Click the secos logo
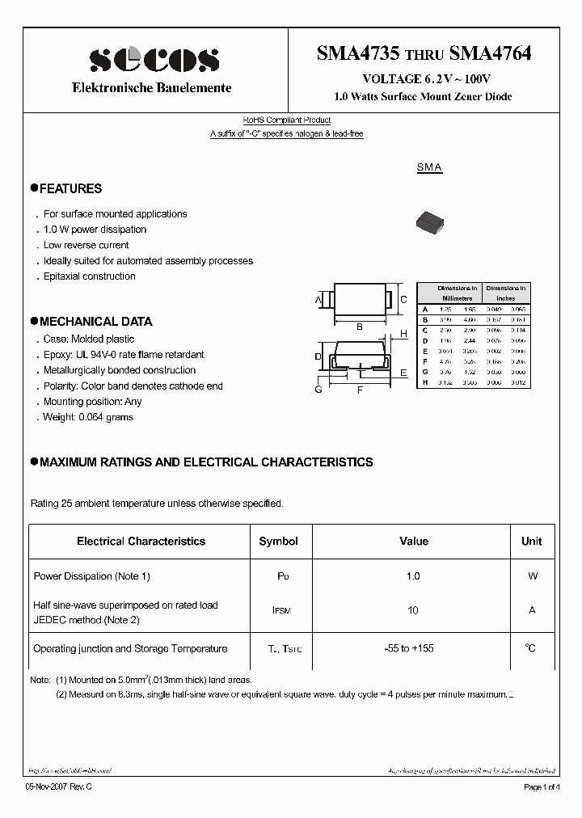click(x=154, y=59)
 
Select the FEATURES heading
click(x=70, y=188)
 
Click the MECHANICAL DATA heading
click(x=95, y=321)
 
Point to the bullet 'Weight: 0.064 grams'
click(x=88, y=417)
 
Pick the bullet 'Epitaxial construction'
click(x=89, y=276)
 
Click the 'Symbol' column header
click(x=278, y=541)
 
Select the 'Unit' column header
click(x=531, y=541)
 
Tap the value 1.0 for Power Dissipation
click(x=413, y=576)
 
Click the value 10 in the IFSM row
click(x=413, y=610)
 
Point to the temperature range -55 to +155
click(x=413, y=648)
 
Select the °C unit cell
click(x=531, y=648)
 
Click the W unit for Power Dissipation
click(x=532, y=576)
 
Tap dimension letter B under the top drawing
click(x=359, y=327)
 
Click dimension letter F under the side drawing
click(x=360, y=390)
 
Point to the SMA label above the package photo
click(x=429, y=167)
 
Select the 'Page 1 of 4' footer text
click(x=546, y=786)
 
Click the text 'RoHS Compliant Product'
click(x=287, y=120)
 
